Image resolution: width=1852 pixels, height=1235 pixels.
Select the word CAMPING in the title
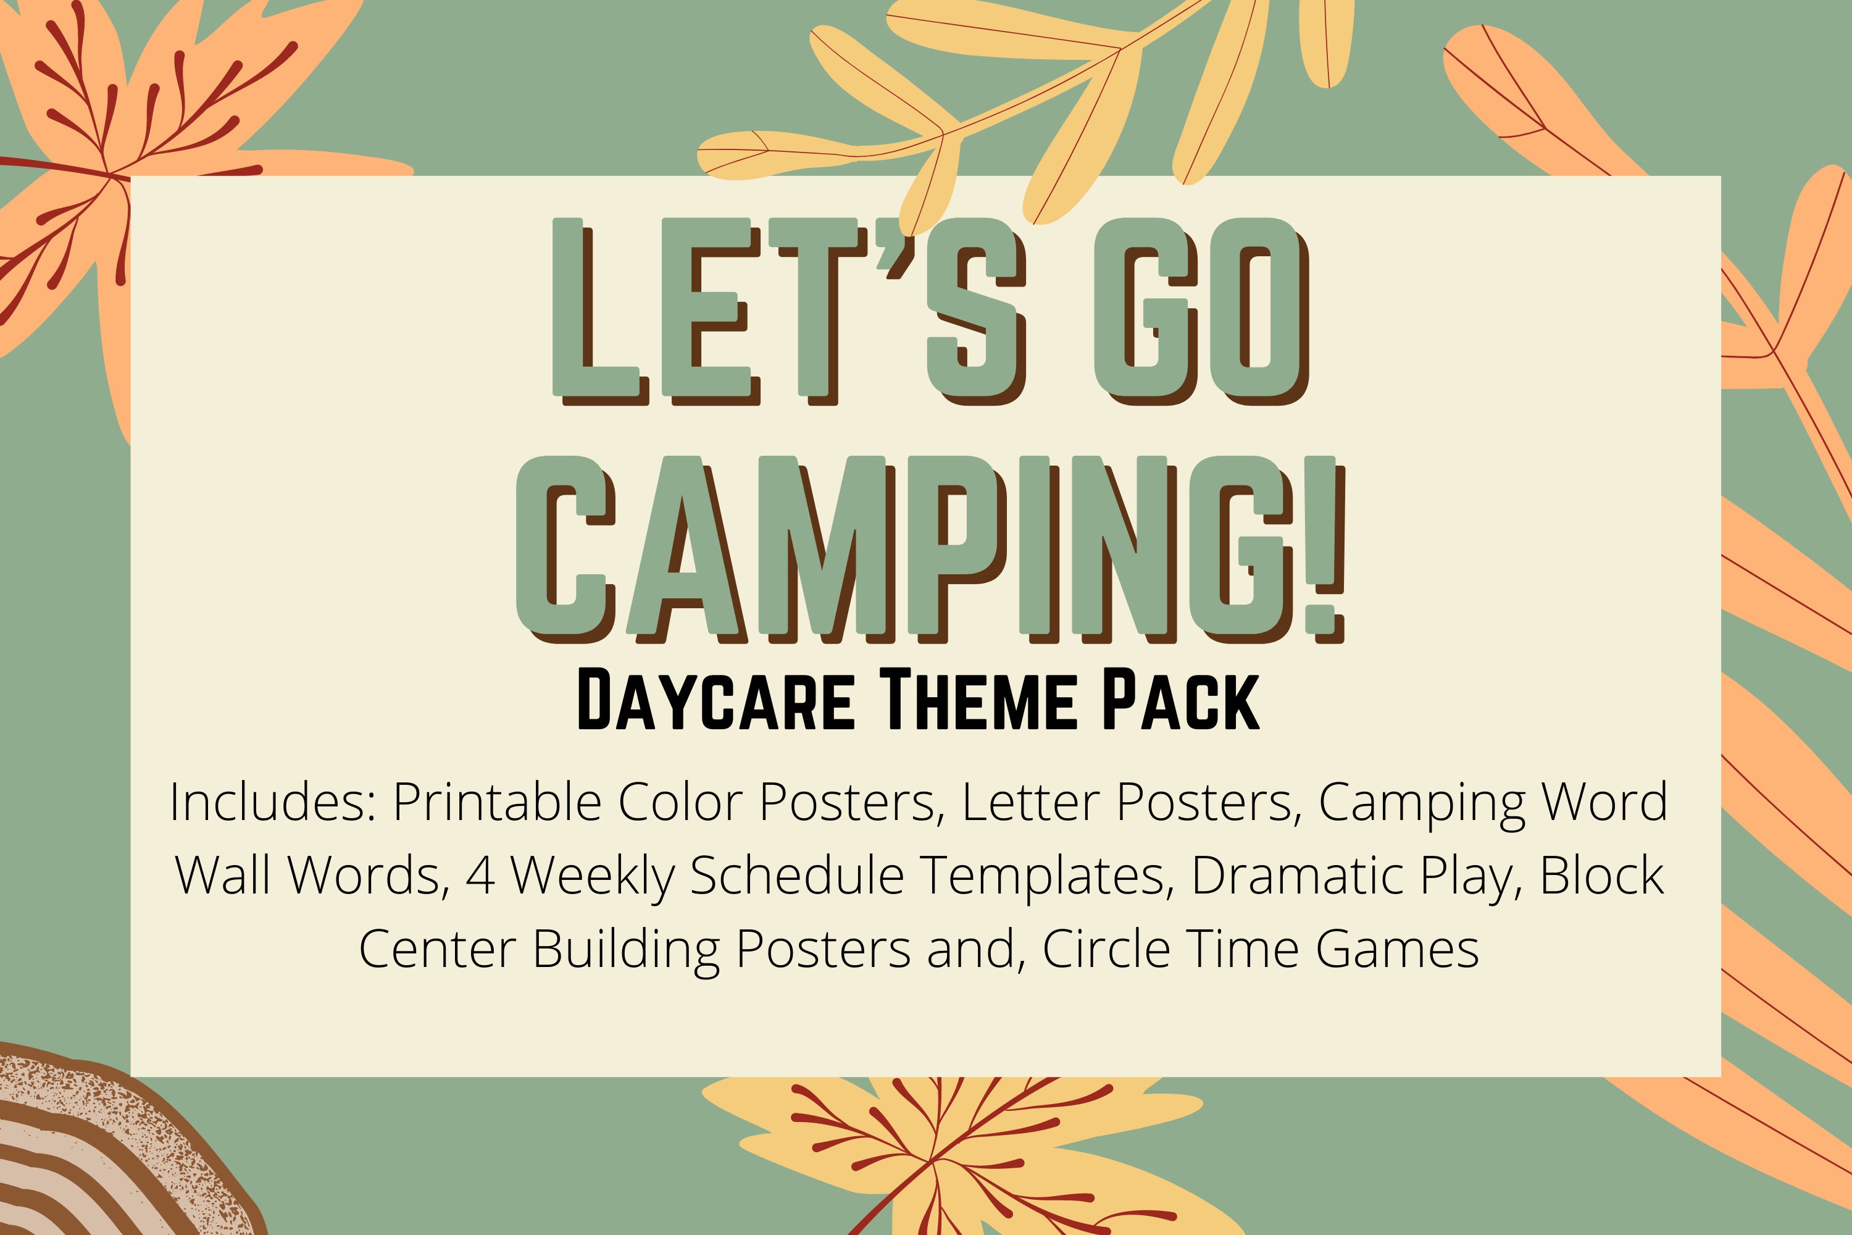tap(906, 547)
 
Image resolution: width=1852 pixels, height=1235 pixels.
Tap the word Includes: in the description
tap(272, 802)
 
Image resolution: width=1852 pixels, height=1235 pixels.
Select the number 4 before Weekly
tap(480, 875)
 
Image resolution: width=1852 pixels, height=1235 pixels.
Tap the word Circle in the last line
tap(1106, 948)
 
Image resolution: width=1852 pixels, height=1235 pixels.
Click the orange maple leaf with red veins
tap(118, 157)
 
